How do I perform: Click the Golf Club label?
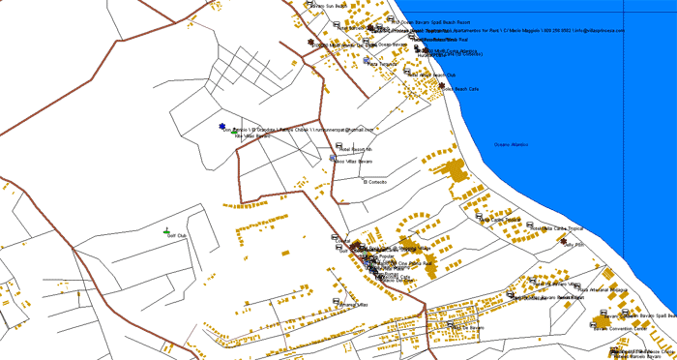177,235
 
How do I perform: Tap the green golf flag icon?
166,230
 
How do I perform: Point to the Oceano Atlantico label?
512,145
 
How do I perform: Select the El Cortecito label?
375,182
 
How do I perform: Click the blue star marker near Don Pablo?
221,126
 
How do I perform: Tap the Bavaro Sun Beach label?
329,5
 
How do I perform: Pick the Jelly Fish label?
575,246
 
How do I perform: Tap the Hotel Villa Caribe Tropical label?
561,229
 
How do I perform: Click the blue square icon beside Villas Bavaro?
333,157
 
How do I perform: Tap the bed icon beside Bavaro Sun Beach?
307,4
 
